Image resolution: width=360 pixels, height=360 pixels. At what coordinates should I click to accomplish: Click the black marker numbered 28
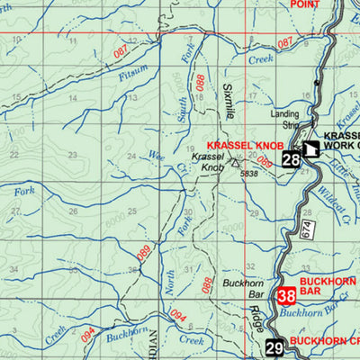click(x=291, y=160)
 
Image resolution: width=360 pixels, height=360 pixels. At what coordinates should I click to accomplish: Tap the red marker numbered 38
click(x=287, y=295)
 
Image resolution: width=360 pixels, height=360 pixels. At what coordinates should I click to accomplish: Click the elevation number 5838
click(x=249, y=174)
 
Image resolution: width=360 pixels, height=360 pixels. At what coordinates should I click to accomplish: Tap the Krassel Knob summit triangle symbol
click(x=235, y=164)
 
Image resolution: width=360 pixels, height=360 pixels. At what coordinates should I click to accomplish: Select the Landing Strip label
click(x=286, y=121)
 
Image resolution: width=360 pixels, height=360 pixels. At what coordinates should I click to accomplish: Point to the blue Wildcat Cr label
click(x=328, y=209)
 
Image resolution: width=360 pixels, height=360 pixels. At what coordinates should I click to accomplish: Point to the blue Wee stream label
click(x=157, y=155)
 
